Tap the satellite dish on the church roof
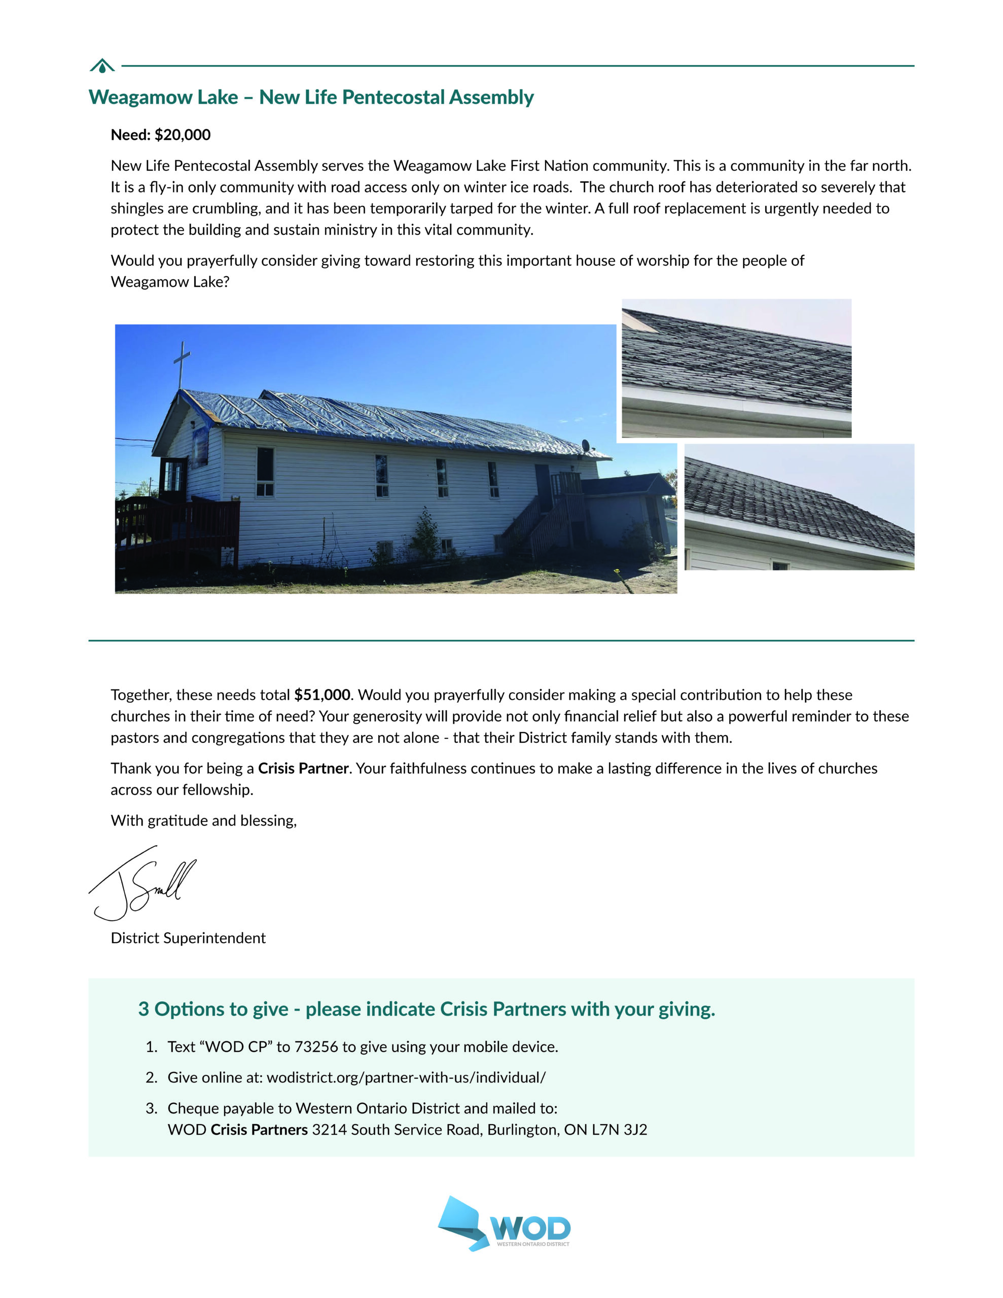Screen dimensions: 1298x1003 point(586,445)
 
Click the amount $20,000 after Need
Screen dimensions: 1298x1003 point(183,135)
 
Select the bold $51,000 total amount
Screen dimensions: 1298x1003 point(321,695)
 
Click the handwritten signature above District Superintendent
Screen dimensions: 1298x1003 point(142,884)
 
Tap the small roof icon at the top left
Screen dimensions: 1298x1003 point(102,66)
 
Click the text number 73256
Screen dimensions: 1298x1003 point(316,1047)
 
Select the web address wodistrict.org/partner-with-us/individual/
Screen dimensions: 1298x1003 point(406,1077)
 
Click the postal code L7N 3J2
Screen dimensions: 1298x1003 point(619,1129)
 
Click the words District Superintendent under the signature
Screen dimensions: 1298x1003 point(188,938)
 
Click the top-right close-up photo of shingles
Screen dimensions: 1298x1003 point(736,368)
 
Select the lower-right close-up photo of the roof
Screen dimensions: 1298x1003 point(799,507)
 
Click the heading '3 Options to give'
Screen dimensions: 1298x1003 point(213,1009)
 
